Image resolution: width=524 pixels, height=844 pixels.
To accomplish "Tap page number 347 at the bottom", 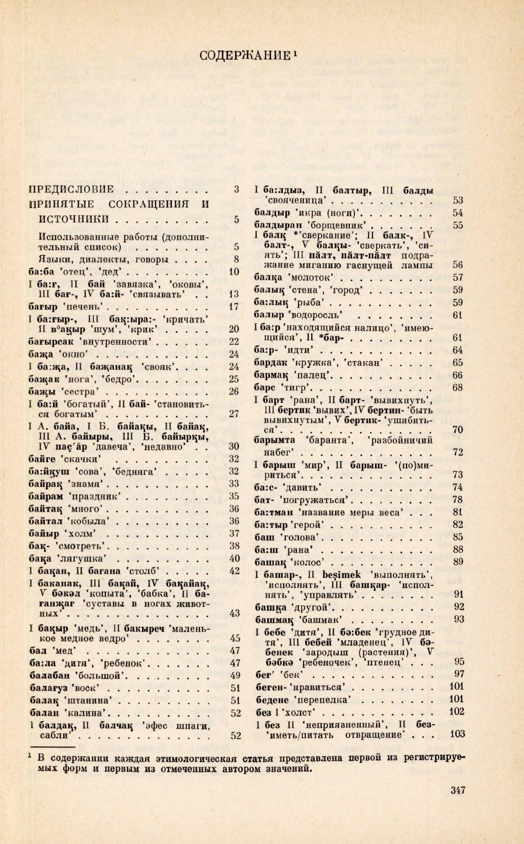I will click(458, 790).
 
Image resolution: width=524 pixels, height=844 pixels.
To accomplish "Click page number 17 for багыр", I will click(234, 307).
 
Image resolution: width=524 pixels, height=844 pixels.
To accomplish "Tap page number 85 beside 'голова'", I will click(457, 537).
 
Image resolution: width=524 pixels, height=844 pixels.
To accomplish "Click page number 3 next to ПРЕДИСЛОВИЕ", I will click(236, 189).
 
